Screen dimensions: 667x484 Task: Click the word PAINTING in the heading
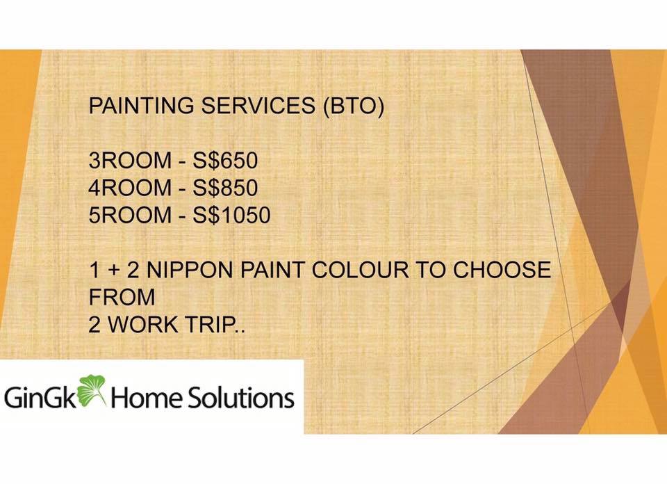[141, 105]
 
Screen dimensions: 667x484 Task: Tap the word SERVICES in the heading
[258, 105]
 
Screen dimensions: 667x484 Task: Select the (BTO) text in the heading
[354, 106]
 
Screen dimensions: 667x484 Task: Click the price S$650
[225, 161]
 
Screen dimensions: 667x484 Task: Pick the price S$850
[225, 188]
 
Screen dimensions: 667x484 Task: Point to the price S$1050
[232, 215]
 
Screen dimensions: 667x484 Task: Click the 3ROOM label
[130, 161]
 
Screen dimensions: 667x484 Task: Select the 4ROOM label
[130, 188]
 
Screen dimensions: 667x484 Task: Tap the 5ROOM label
[130, 215]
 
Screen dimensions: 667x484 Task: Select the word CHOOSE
[502, 270]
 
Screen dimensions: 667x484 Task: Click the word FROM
[122, 297]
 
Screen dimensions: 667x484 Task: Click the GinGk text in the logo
[41, 398]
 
